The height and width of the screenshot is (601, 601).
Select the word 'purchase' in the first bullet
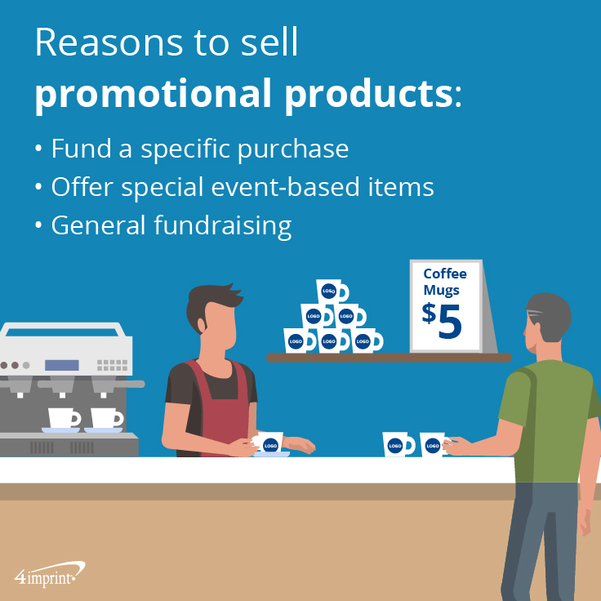(x=293, y=149)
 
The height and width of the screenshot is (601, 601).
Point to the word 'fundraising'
(x=223, y=225)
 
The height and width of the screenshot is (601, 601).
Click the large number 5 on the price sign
(x=450, y=322)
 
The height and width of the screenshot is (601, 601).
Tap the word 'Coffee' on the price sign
(x=445, y=274)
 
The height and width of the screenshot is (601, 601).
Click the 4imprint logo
(x=49, y=574)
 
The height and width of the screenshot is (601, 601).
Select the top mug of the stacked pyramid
(x=332, y=292)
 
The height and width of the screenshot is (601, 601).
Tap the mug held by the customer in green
(x=433, y=444)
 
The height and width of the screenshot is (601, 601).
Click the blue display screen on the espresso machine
(x=62, y=365)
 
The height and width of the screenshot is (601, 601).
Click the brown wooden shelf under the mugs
(x=389, y=358)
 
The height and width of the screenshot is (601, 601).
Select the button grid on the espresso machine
(x=112, y=365)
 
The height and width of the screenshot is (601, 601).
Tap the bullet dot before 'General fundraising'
(x=38, y=225)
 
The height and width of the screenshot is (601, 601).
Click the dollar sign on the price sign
(x=429, y=313)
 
